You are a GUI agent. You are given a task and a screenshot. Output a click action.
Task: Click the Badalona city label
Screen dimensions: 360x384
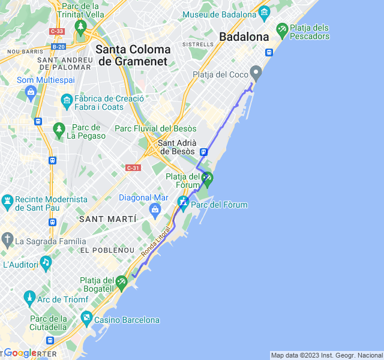coord(244,37)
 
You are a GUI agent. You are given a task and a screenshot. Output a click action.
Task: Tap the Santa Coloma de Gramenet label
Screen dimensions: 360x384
coord(133,55)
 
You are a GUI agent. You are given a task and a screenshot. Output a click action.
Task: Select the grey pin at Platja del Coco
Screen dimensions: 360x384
coord(256,73)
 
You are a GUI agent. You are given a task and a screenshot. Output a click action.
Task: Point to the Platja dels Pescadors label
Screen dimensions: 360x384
coord(309,32)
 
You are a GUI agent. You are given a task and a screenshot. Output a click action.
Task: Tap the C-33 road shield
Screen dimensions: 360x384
coord(57,31)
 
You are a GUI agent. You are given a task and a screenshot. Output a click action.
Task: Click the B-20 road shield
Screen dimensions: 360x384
coord(58,46)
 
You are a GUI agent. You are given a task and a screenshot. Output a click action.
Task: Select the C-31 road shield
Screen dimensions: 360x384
coord(133,168)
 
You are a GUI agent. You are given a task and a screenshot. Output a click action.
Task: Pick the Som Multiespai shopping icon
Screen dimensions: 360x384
coord(31,92)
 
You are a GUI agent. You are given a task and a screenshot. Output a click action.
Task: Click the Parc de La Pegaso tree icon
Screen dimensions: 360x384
coord(59,128)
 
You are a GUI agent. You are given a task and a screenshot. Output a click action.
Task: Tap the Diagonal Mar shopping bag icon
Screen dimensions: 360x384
coord(155,209)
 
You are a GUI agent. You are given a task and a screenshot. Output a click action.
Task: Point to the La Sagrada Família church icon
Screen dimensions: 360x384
coord(7,241)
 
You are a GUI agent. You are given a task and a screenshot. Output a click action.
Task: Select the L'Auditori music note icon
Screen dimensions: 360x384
coord(46,263)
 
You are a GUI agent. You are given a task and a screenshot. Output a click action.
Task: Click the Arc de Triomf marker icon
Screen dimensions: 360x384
coord(29,296)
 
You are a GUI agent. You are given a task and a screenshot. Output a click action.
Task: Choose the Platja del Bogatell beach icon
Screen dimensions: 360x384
coord(122,281)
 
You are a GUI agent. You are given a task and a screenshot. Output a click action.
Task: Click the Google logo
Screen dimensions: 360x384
coord(20,353)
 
